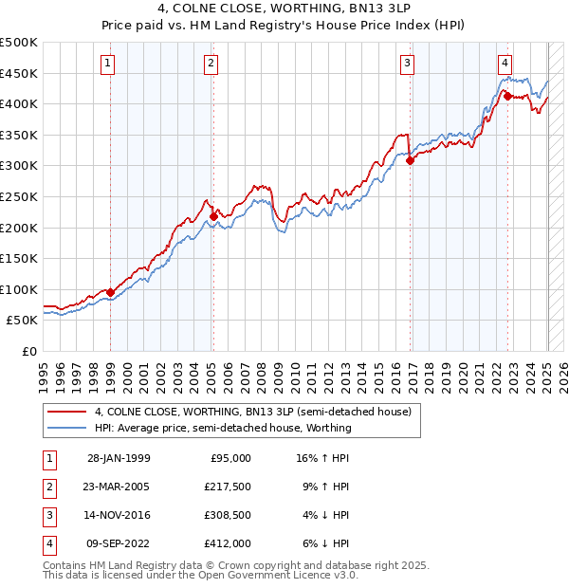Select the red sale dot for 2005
tap(213, 216)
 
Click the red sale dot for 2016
tap(410, 160)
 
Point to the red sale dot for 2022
tap(507, 96)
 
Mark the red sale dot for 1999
tap(110, 292)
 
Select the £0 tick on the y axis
tap(28, 351)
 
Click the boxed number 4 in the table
tap(48, 543)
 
